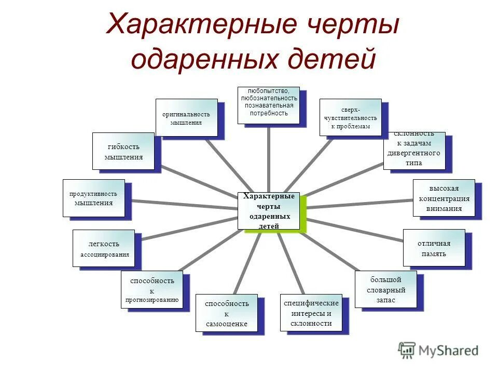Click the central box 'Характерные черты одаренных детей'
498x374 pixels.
tap(269, 210)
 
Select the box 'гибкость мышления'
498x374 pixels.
tap(123, 151)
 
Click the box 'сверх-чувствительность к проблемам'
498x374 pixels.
tap(350, 117)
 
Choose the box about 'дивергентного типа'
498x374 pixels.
tap(414, 151)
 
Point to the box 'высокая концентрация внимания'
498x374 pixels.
tap(444, 198)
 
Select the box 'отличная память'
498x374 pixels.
tap(434, 248)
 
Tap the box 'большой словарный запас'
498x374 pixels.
tap(386, 289)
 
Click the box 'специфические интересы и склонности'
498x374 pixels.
tap(311, 312)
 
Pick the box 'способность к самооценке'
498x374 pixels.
tap(227, 313)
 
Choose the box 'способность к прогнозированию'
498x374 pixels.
tap(152, 290)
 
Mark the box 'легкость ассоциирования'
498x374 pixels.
tap(104, 248)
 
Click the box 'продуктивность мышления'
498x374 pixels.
tap(94, 198)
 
